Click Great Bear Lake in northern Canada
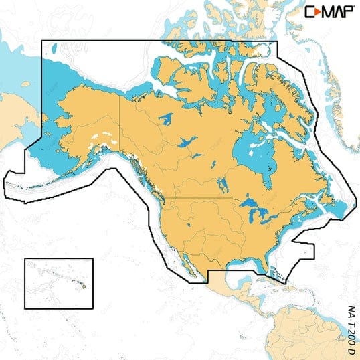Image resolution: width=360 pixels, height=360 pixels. coord(166,121)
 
